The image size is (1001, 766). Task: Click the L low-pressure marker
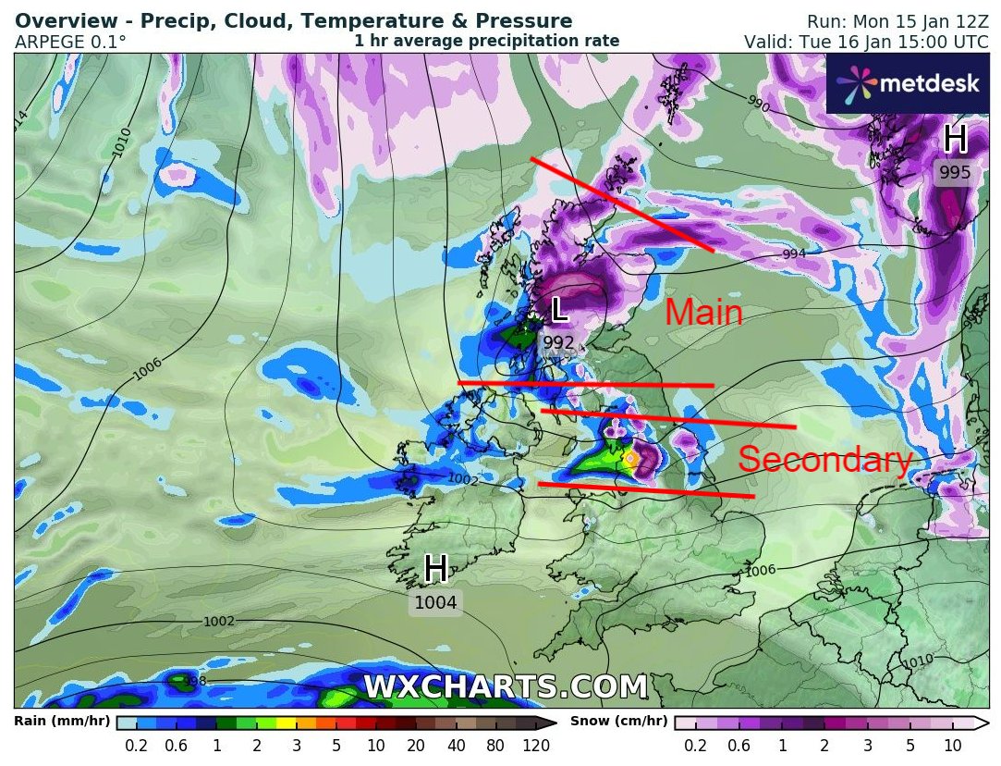pyautogui.click(x=559, y=310)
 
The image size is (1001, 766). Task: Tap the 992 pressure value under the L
pyautogui.click(x=559, y=343)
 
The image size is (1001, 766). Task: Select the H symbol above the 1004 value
pyautogui.click(x=436, y=570)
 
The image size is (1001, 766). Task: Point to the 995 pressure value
pyautogui.click(x=955, y=172)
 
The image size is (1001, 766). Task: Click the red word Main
pyautogui.click(x=704, y=314)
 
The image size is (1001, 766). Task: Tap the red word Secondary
pyautogui.click(x=825, y=460)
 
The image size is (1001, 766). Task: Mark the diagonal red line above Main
pyautogui.click(x=621, y=204)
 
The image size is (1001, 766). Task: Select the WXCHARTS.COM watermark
pyautogui.click(x=506, y=687)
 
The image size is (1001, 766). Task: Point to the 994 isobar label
pyautogui.click(x=795, y=253)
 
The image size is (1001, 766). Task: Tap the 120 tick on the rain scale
pyautogui.click(x=536, y=746)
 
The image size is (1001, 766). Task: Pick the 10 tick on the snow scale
pyautogui.click(x=953, y=746)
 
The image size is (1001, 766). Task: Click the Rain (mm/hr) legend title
pyautogui.click(x=62, y=722)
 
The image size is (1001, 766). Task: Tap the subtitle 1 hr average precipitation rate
pyautogui.click(x=487, y=42)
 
